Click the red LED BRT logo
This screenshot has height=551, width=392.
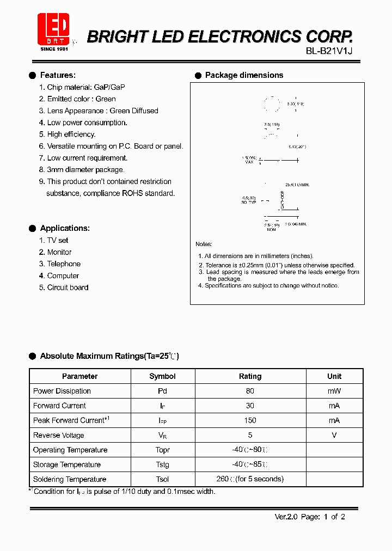[53, 30]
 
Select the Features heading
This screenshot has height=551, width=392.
[58, 75]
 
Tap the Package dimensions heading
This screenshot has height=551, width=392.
[244, 75]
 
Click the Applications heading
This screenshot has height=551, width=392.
[65, 228]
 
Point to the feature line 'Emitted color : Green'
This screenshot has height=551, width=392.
[81, 99]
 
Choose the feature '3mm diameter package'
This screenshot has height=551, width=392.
[85, 170]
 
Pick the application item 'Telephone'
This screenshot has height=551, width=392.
[64, 264]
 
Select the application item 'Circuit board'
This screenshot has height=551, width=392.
[68, 287]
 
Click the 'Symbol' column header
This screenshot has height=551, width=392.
[162, 376]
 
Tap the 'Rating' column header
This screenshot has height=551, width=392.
[250, 376]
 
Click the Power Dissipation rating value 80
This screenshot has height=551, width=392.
[250, 391]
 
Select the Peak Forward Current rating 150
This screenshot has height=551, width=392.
[250, 420]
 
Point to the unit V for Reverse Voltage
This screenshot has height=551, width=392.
[334, 435]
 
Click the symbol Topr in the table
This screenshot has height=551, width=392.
[162, 450]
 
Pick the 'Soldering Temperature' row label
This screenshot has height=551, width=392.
[70, 479]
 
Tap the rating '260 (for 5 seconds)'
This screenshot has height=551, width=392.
[250, 479]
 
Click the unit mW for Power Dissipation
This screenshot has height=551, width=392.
[334, 391]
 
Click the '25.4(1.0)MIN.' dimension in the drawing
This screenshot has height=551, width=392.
[297, 185]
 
